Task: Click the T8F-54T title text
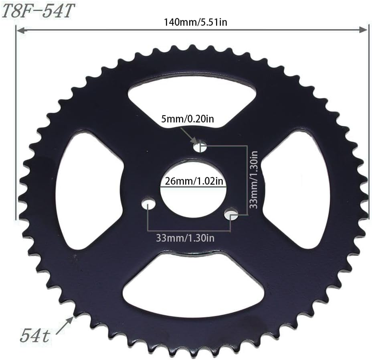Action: tap(38, 12)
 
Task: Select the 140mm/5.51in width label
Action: tap(195, 22)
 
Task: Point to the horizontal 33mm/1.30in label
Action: tap(185, 238)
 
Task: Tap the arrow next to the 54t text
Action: tap(64, 325)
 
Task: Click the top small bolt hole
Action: tap(200, 147)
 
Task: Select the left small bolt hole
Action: tap(148, 204)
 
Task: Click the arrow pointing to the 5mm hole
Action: tap(188, 135)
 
